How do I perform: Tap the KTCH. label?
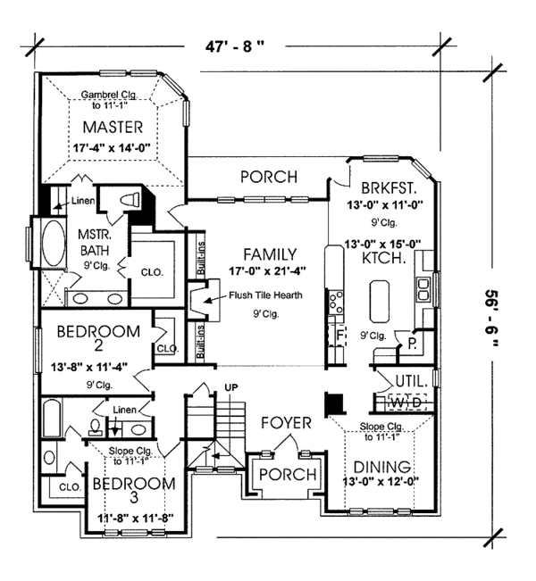[387, 258]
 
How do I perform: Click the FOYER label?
[286, 420]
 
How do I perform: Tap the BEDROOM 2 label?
[97, 340]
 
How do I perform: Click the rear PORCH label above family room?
[269, 177]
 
